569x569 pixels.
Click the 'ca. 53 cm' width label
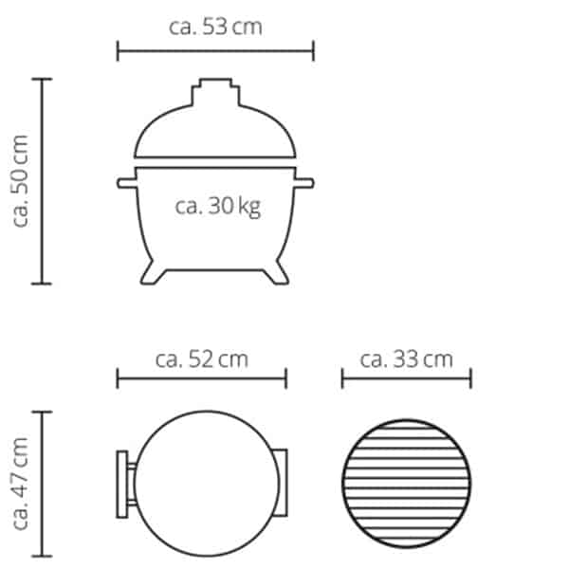pos(215,26)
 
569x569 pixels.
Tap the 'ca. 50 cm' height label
pos(21,180)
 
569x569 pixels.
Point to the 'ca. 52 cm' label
pos(201,359)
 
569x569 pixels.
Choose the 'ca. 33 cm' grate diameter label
pos(406,359)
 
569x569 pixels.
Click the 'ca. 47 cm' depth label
pos(21,484)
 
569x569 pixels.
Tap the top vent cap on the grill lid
pos(215,92)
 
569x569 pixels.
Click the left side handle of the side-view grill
pos(126,181)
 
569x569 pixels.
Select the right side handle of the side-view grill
pos(304,181)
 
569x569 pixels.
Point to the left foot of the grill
pos(152,272)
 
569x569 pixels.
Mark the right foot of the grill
pos(277,272)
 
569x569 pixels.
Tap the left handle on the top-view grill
pos(124,483)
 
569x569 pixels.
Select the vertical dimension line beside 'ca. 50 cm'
pos(42,180)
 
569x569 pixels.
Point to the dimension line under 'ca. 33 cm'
pos(406,379)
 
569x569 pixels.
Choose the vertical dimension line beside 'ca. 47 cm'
pos(42,484)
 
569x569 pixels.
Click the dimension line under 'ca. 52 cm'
pos(201,379)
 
